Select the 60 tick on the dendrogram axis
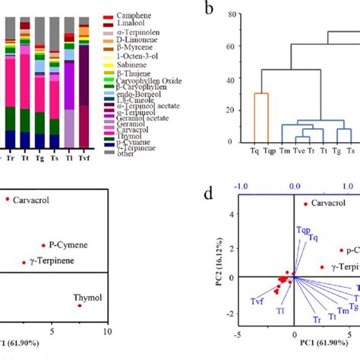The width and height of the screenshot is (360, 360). (x=229, y=47)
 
